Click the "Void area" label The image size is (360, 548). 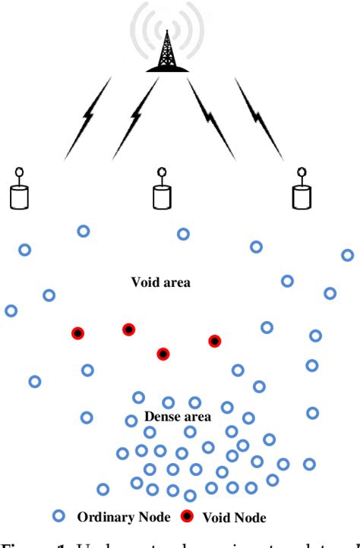coord(160,282)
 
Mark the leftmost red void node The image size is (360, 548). coord(77,333)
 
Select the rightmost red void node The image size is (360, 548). coord(215,341)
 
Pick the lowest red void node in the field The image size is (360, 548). coord(163,354)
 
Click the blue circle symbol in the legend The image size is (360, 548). coord(58,516)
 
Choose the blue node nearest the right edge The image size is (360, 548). coord(348,255)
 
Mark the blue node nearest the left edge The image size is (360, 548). coord(11,310)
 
